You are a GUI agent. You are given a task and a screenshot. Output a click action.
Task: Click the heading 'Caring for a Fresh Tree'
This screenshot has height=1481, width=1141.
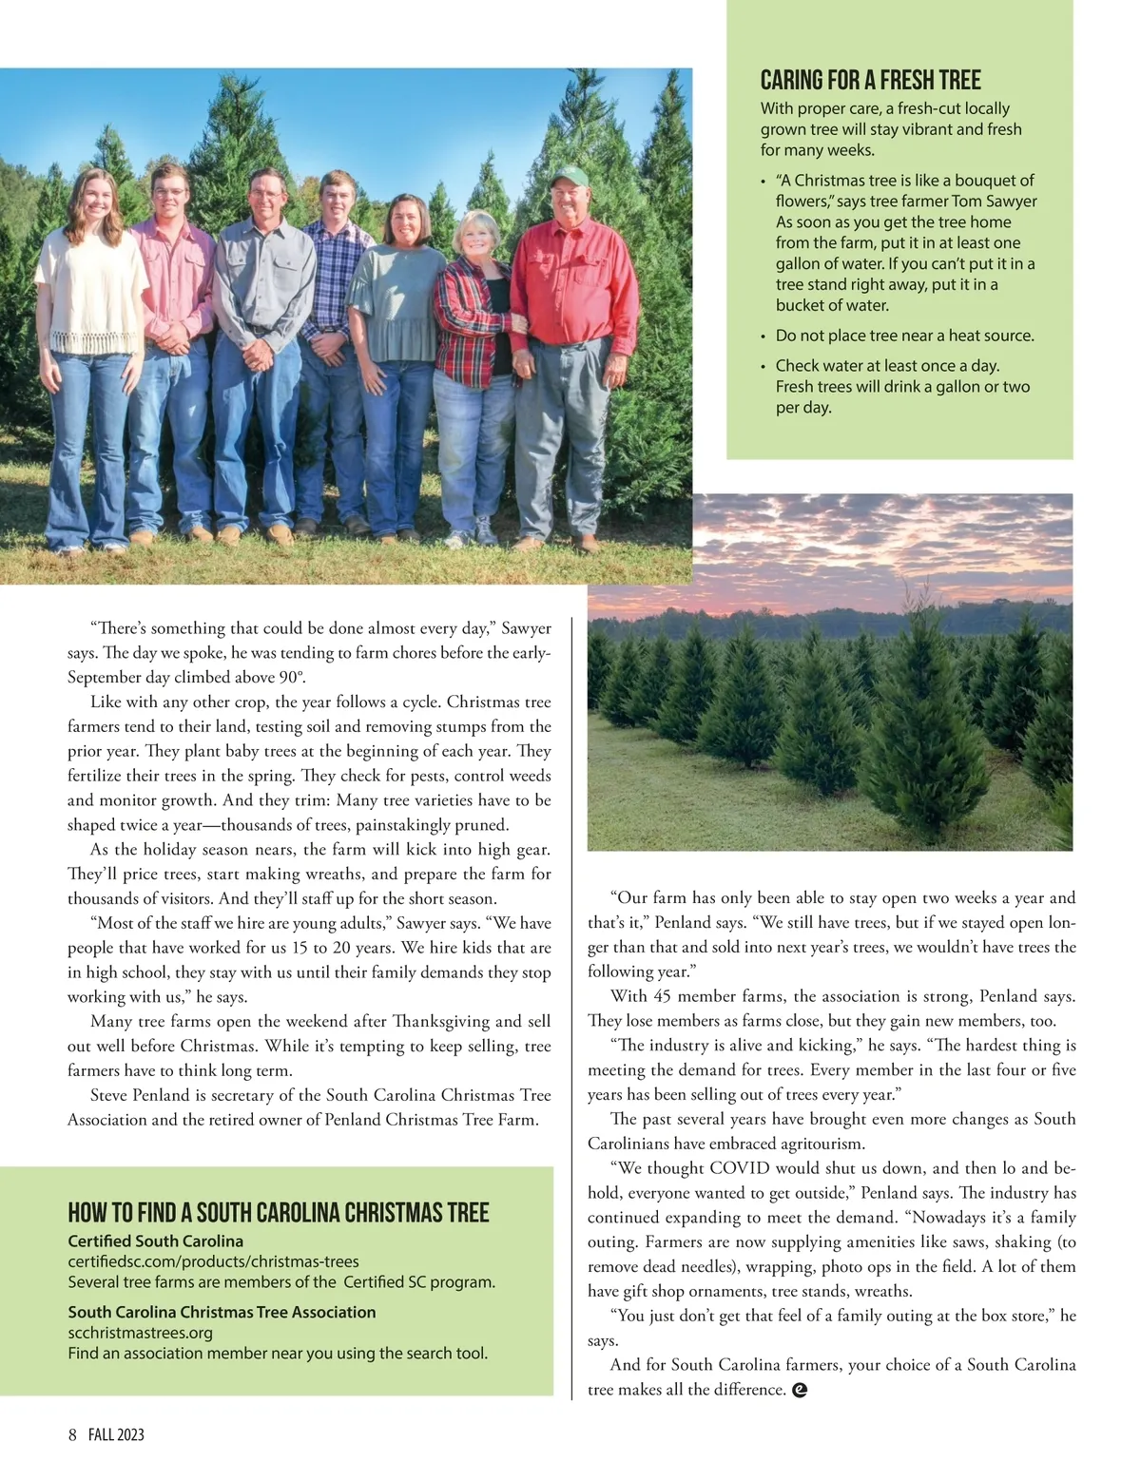[x=870, y=81]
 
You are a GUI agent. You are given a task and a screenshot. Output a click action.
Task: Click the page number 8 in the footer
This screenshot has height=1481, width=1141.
[x=72, y=1434]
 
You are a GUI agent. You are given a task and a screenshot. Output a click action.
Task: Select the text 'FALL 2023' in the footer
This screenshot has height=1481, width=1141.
[x=116, y=1434]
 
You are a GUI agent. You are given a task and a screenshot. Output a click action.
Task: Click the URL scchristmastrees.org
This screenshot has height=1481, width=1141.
[x=140, y=1333]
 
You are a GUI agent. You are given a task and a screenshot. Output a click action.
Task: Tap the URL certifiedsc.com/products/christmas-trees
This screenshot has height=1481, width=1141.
[x=213, y=1261]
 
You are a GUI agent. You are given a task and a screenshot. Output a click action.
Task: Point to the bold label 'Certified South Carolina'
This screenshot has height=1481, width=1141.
[x=155, y=1241]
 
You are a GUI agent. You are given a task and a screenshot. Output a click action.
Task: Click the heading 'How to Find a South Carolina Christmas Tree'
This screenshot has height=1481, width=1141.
[x=278, y=1213]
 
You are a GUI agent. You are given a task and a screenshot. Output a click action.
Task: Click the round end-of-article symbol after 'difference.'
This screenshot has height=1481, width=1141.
[x=800, y=1390]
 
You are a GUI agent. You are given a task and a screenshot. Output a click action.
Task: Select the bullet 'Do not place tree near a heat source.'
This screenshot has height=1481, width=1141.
[x=904, y=336]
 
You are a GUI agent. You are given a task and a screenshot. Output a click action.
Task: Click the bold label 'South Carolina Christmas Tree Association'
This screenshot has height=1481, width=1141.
[x=222, y=1312]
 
